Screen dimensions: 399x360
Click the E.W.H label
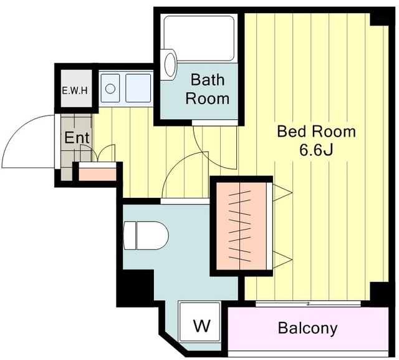[x=75, y=90]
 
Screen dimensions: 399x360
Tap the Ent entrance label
[x=77, y=137]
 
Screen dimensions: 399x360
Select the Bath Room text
[x=208, y=89]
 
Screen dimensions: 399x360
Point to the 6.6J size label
[x=316, y=150]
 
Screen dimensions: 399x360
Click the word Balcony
[x=307, y=328]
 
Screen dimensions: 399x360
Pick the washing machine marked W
[x=199, y=321]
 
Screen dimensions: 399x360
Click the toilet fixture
[x=146, y=235]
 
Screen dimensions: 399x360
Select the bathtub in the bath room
[x=199, y=38]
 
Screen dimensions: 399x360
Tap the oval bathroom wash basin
[x=170, y=64]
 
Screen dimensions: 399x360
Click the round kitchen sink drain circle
[x=110, y=89]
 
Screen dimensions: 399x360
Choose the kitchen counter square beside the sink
[x=138, y=88]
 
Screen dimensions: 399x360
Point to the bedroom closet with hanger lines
[x=241, y=226]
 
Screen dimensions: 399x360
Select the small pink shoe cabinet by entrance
[x=97, y=175]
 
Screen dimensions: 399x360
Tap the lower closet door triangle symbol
[x=282, y=260]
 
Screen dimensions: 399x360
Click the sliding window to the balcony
[x=308, y=304]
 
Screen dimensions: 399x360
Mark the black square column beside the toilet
[x=135, y=288]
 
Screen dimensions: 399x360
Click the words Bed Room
[x=316, y=132]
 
